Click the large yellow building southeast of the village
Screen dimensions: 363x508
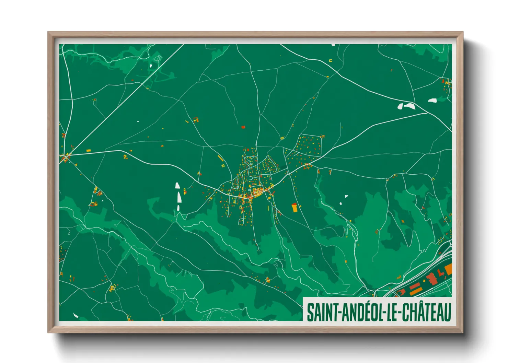(294, 208)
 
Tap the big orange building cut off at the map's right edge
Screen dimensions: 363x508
(448, 269)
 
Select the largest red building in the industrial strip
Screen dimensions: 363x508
(432, 279)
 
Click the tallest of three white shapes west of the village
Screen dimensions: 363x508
(179, 197)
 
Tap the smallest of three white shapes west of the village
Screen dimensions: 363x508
(178, 208)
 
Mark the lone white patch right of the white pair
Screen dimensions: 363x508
(432, 101)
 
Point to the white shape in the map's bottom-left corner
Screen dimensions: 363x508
(76, 315)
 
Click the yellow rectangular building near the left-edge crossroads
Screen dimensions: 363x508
(88, 150)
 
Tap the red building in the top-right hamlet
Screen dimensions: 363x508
(443, 82)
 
